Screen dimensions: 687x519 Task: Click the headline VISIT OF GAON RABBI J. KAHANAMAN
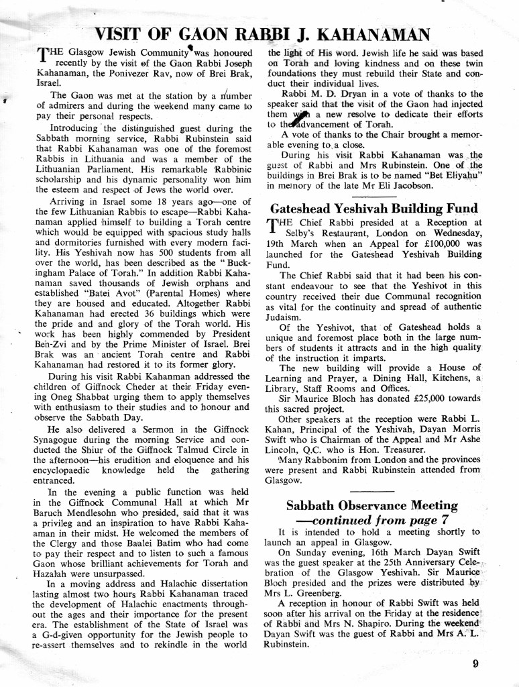tap(262, 34)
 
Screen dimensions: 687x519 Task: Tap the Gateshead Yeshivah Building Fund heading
tap(374, 207)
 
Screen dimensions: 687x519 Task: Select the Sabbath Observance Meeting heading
tap(372, 505)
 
